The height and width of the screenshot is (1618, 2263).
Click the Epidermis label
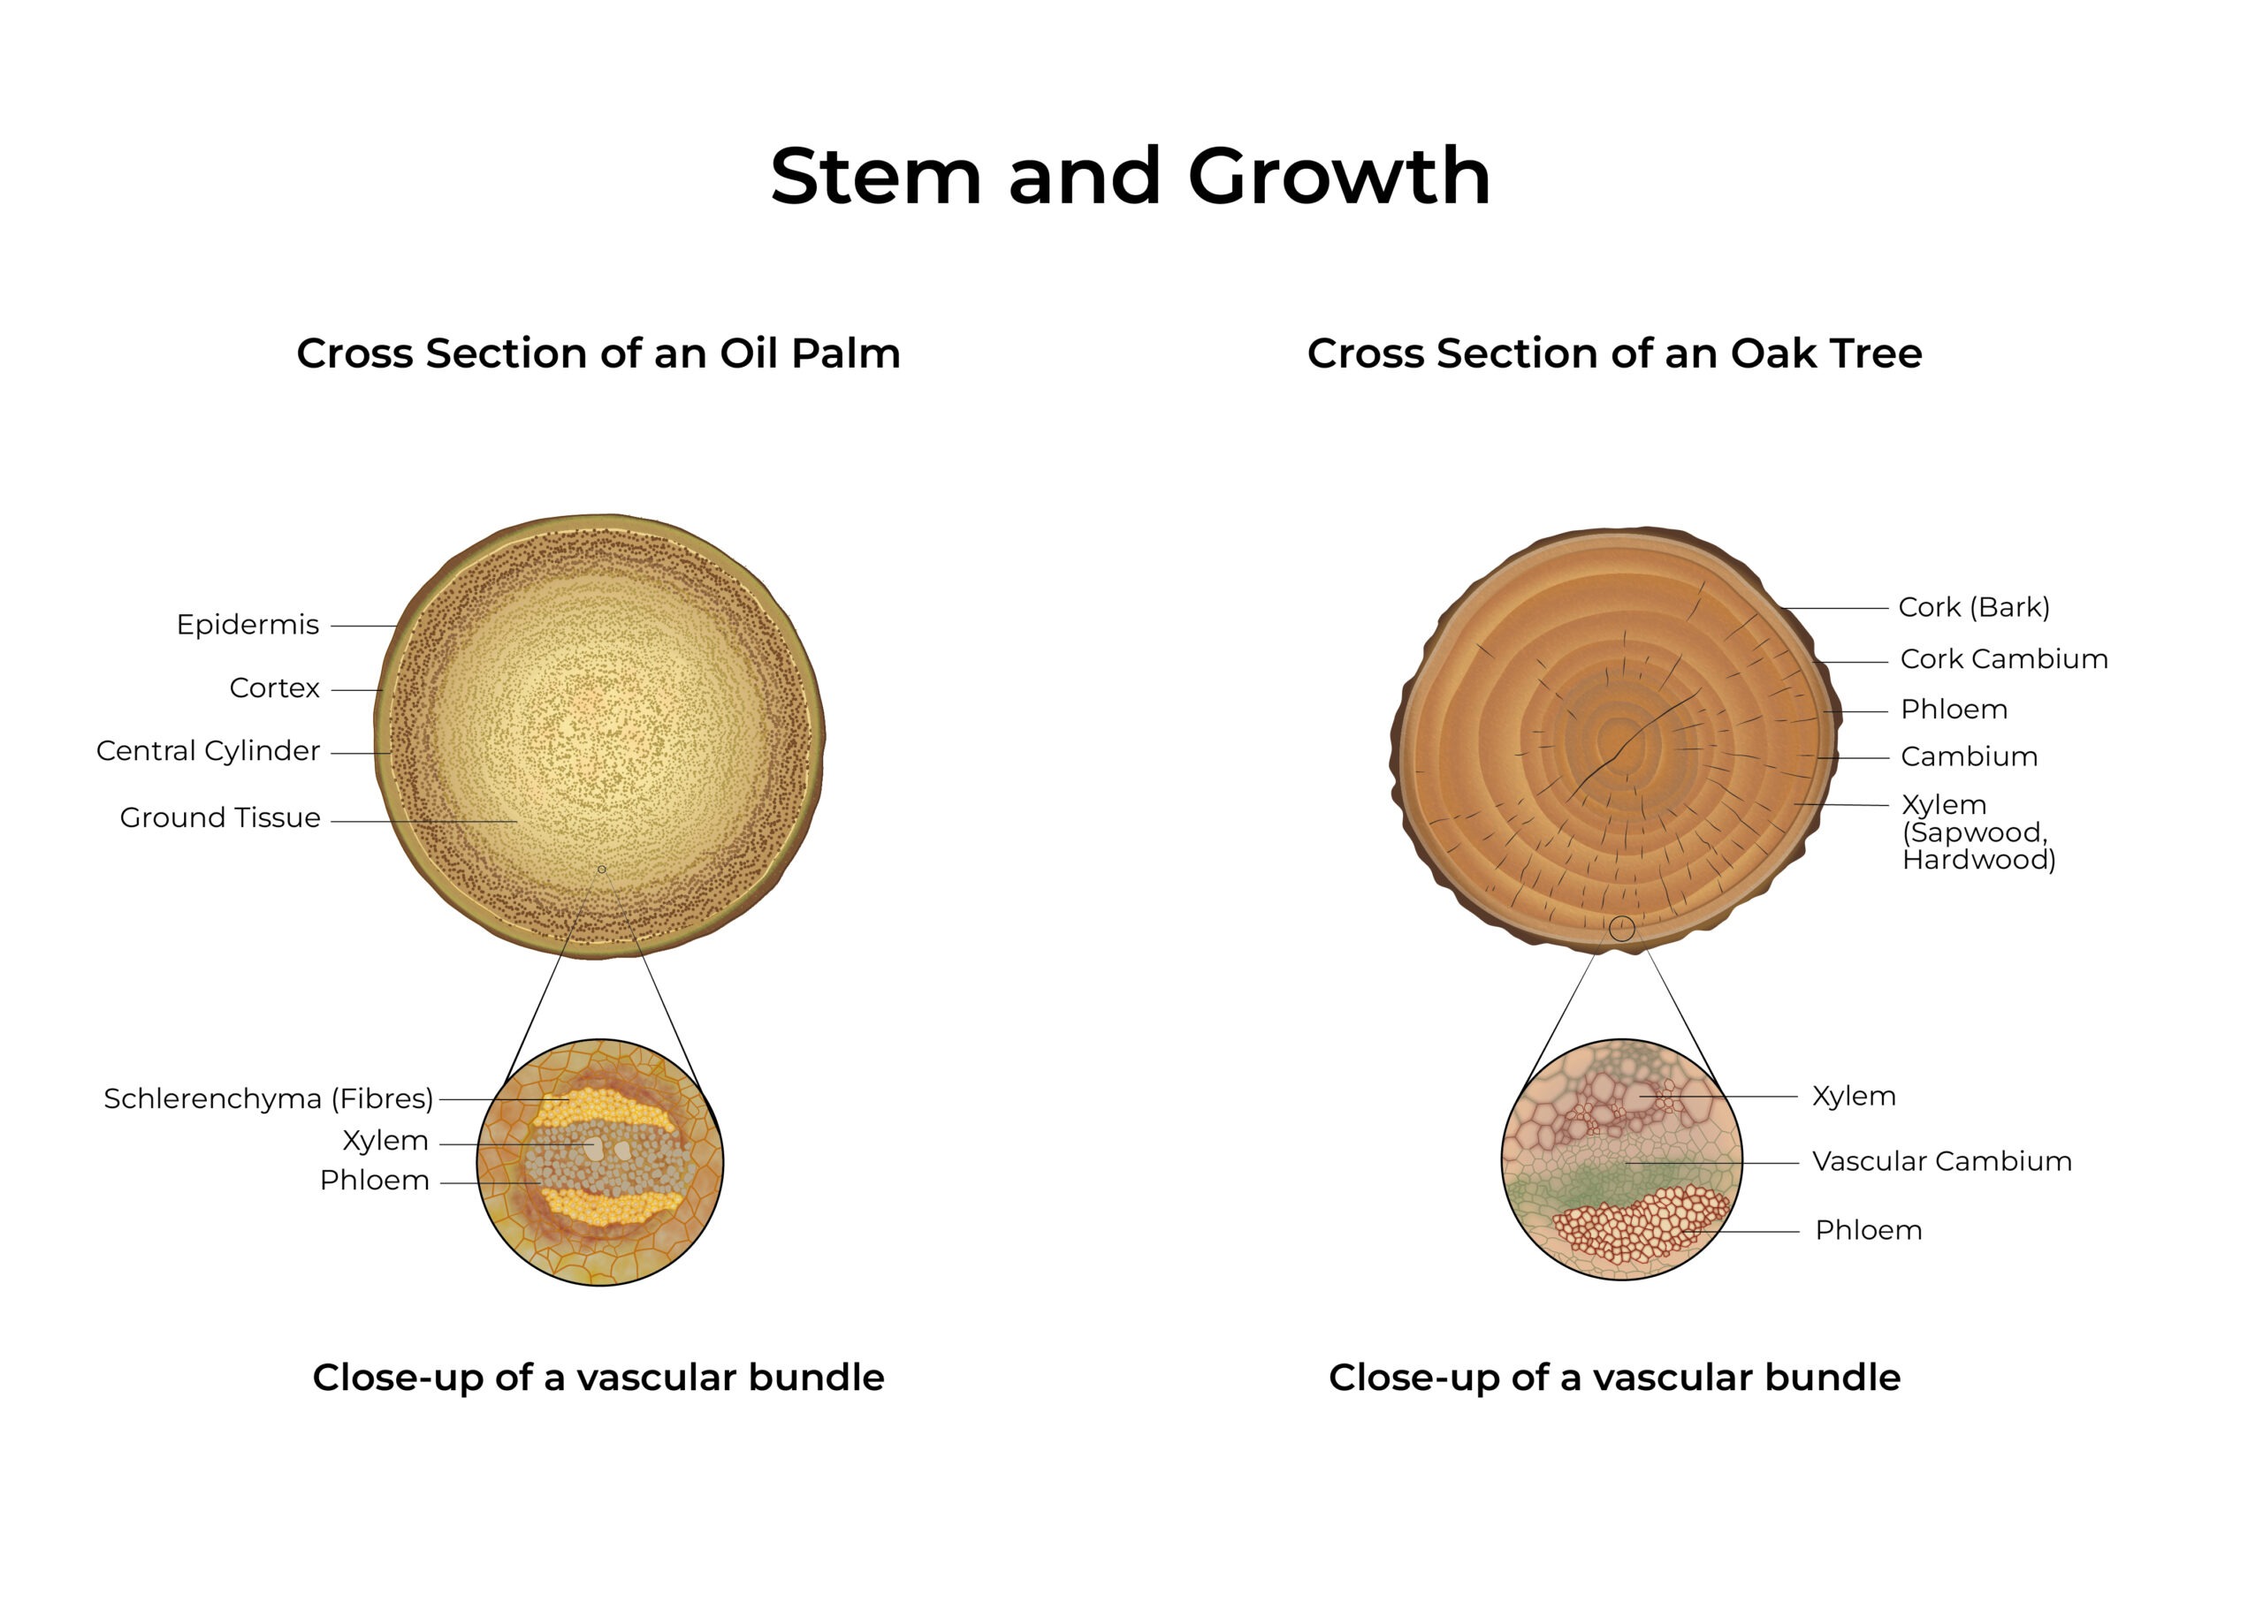click(248, 625)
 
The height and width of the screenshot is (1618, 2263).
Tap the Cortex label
click(274, 687)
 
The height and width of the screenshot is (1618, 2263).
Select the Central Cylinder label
click(209, 750)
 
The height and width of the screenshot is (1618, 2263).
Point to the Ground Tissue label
click(220, 817)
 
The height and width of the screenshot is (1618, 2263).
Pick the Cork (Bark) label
click(1974, 607)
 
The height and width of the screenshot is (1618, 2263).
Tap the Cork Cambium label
click(2004, 658)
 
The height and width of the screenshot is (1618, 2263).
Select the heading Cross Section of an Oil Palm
click(598, 353)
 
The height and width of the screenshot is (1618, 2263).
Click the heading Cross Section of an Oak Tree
click(1614, 353)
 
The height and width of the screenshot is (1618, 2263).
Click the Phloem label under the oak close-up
click(1869, 1229)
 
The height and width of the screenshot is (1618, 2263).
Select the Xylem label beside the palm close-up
click(385, 1140)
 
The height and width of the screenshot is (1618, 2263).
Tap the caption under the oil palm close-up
click(598, 1377)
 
